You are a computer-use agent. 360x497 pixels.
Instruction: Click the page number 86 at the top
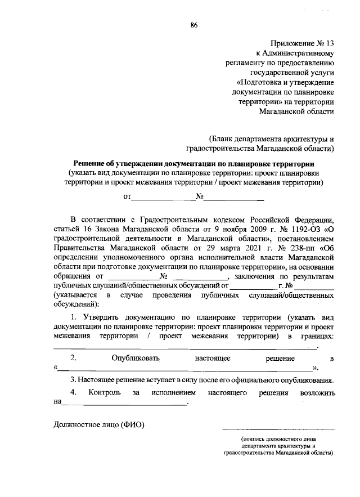(x=194, y=25)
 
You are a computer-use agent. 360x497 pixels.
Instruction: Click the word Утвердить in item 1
(x=103, y=317)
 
